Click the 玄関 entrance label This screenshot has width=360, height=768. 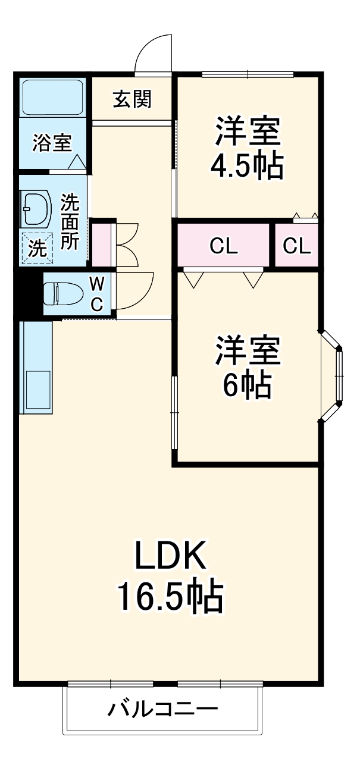pyautogui.click(x=132, y=99)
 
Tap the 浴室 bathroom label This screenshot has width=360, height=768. pyautogui.click(x=52, y=143)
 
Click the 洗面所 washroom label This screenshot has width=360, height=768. pyautogui.click(x=70, y=222)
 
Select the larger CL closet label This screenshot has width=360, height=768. pyautogui.click(x=223, y=246)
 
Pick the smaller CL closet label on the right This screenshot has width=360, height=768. pyautogui.click(x=296, y=246)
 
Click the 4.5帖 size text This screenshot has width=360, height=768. pyautogui.click(x=246, y=167)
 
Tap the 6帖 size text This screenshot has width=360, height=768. pyautogui.click(x=247, y=385)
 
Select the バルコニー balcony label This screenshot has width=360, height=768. pyautogui.click(x=162, y=710)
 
